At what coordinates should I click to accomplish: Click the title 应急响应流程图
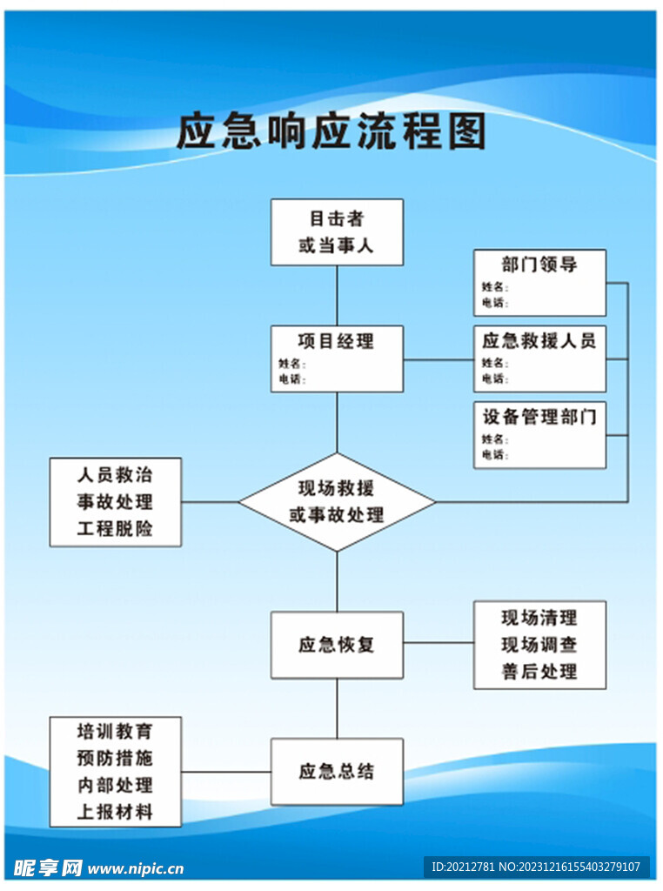tap(331, 133)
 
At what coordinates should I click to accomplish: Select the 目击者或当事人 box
tap(337, 232)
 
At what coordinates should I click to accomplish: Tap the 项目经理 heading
tap(337, 341)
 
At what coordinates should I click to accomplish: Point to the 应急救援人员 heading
tap(539, 340)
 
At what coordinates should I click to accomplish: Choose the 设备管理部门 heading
tap(539, 416)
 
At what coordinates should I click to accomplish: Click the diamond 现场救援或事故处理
tap(337, 501)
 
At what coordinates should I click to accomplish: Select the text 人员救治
tap(115, 475)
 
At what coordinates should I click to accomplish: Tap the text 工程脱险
tap(115, 528)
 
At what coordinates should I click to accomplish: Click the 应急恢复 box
tap(337, 645)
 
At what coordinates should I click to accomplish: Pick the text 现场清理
tap(539, 618)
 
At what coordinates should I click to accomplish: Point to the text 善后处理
tap(539, 671)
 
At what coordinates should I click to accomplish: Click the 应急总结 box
tap(337, 772)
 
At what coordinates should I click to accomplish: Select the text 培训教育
tap(115, 731)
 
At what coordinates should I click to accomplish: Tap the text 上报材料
tap(115, 812)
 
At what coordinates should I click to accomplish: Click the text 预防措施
tap(115, 758)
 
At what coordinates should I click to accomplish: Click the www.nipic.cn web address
tap(136, 868)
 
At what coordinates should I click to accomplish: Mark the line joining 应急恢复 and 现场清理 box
tap(439, 644)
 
